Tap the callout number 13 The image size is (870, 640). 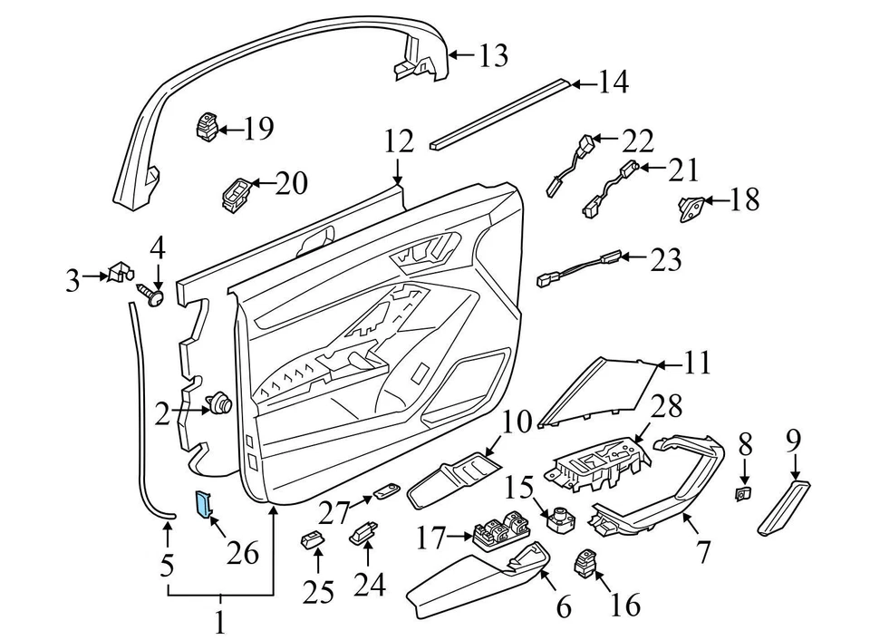493,56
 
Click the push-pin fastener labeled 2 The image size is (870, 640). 219,402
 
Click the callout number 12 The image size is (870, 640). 399,142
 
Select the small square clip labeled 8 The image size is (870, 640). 741,494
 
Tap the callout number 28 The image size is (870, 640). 668,407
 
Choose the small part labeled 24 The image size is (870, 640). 364,530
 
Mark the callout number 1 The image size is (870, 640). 219,623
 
